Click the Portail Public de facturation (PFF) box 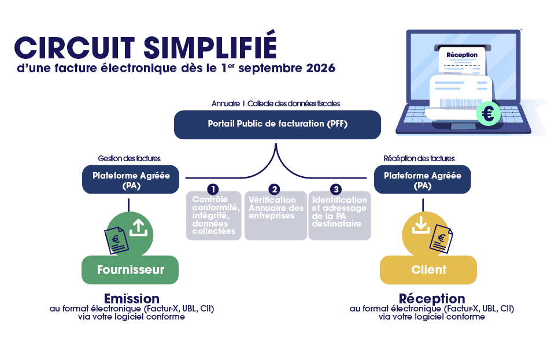pos(278,125)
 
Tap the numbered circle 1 pos(213,190)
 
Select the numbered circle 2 pos(274,190)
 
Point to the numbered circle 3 pos(336,190)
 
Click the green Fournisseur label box pos(130,270)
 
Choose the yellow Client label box pos(428,270)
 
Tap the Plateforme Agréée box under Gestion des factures pos(131,180)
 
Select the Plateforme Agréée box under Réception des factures pos(423,180)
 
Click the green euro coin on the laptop pos(488,113)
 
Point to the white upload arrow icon pos(138,227)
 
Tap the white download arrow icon pos(421,225)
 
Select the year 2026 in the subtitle pos(321,68)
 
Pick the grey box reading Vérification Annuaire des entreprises pos(276,216)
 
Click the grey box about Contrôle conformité pos(214,216)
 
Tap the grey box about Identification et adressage pos(339,216)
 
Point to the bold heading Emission pos(132,299)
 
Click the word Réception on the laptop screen pos(462,55)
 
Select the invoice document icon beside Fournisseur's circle pos(116,240)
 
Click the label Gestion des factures pos(130,158)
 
